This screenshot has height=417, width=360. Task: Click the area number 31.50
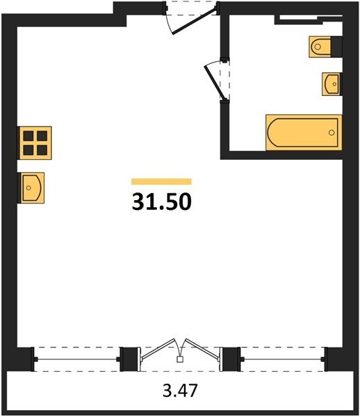pos(162,202)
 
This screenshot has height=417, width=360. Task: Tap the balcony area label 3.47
pos(180,391)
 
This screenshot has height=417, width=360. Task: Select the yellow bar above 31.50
pos(161,181)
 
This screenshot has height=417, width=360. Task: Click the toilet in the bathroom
pos(320,47)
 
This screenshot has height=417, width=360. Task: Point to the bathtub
pos(304,133)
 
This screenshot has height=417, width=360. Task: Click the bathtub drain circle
pos(332,133)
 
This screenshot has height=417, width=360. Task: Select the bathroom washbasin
pos(332,84)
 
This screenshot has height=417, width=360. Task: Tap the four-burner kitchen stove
pos(35,143)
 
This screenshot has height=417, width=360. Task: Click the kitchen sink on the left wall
pos(31,188)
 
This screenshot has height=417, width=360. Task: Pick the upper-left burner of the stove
pos(28,136)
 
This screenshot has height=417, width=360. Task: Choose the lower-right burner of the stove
pos(42,150)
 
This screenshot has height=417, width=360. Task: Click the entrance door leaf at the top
pos(194,21)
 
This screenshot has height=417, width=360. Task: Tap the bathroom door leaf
pos(214,82)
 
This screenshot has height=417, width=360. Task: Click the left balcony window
pos(76,359)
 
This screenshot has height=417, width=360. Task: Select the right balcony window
pos(283,359)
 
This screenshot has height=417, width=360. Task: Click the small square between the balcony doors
pos(180,359)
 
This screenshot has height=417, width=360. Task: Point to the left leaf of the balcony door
pos(158,350)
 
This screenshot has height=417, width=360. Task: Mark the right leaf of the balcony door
pos(203,350)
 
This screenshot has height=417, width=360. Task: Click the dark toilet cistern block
pos(336,47)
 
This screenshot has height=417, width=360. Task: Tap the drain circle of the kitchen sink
pos(28,188)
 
